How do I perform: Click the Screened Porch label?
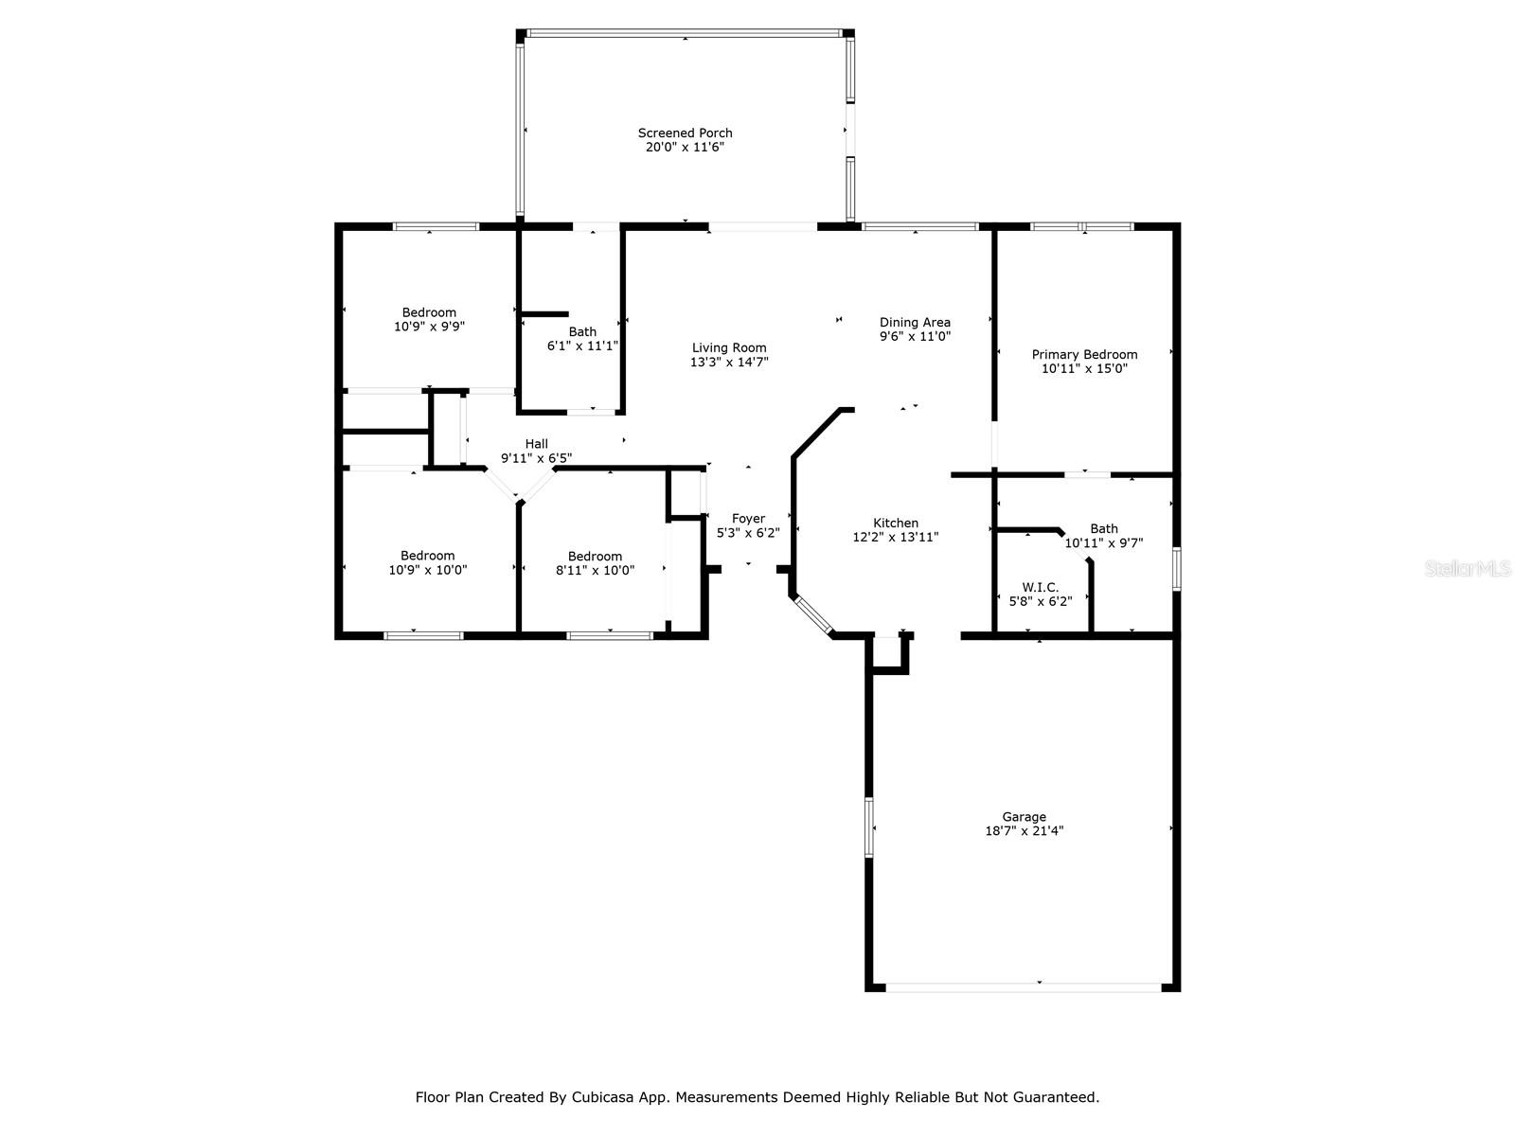pos(685,133)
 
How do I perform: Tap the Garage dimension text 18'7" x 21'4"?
pos(1024,831)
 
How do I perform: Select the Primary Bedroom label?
pos(1084,355)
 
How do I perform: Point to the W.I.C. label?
pos(1040,588)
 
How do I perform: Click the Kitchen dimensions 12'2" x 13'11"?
pos(895,537)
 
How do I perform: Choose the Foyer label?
pos(748,519)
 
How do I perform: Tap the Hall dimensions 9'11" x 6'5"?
pos(536,458)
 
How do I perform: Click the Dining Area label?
pos(915,323)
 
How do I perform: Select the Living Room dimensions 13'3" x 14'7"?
pos(728,362)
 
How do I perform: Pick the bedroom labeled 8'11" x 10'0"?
pos(595,570)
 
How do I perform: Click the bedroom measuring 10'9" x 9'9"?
pos(429,326)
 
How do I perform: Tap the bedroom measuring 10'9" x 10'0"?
pos(427,570)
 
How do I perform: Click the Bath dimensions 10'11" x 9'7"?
pos(1104,543)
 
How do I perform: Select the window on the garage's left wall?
pos(868,826)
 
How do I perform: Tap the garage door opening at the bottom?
pos(1023,987)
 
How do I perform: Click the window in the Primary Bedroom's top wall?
pos(1081,227)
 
